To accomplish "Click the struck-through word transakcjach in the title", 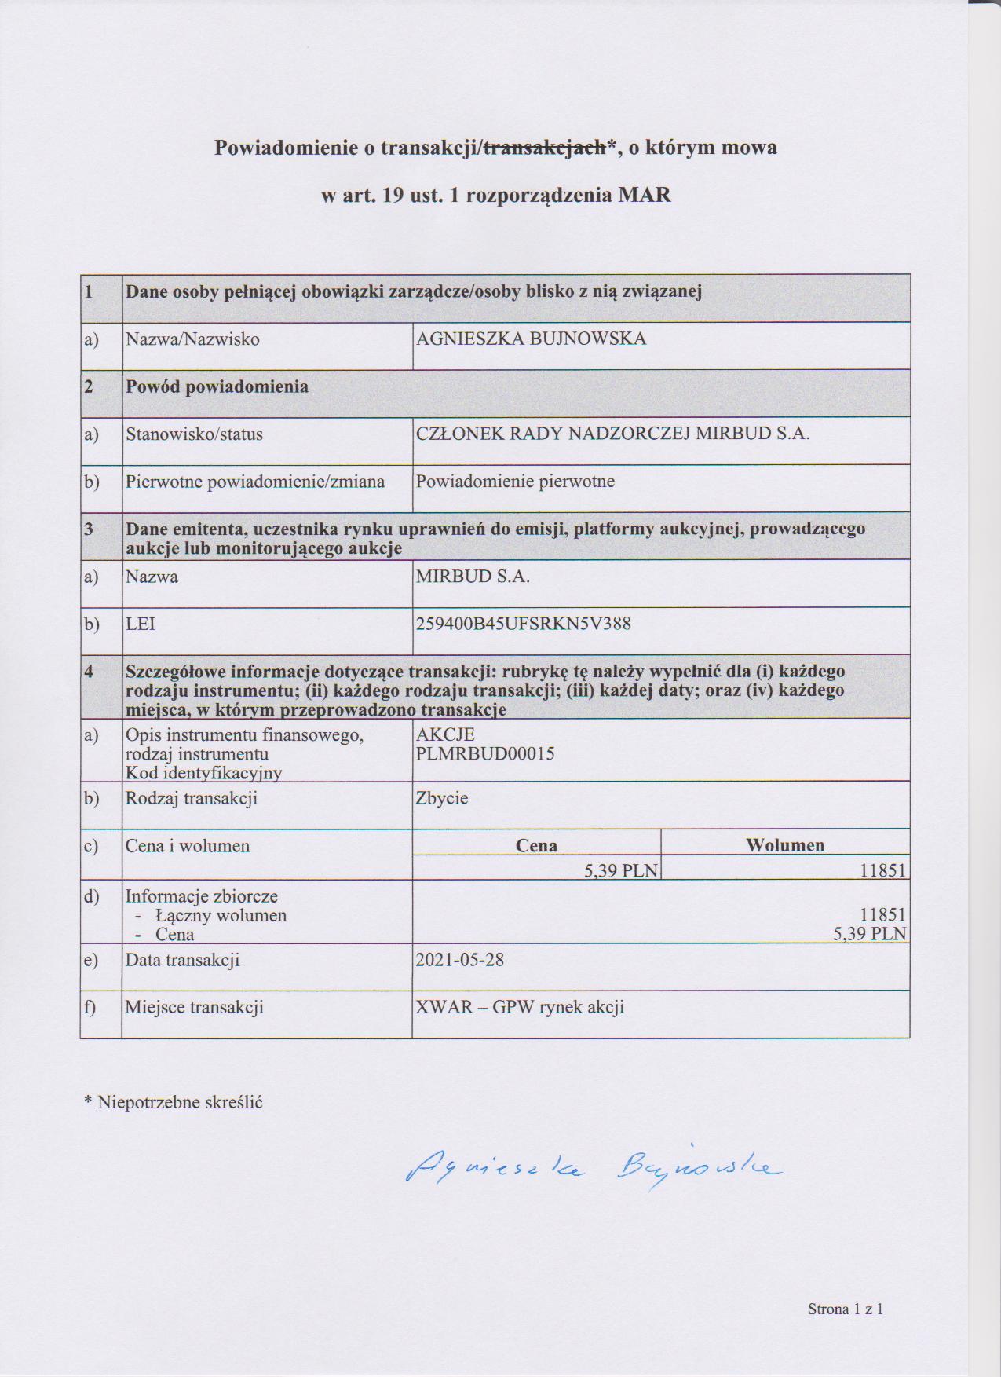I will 543,148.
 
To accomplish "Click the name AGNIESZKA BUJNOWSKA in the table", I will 531,339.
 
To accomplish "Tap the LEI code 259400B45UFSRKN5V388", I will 523,624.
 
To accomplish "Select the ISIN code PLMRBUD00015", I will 485,754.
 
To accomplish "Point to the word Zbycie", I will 442,799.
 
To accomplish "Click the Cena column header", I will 536,846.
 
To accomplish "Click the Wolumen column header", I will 785,846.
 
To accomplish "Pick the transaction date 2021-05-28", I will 460,960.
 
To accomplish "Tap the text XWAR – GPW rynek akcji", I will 520,1008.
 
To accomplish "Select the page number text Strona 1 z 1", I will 846,1309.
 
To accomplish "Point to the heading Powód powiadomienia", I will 217,387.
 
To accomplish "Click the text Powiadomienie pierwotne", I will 515,482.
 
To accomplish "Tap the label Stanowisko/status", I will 194,434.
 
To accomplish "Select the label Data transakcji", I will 182,960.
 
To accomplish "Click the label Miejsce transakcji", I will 194,1008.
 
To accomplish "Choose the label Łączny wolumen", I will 221,916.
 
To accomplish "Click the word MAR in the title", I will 645,196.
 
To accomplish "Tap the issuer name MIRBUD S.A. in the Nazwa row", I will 473,577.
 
